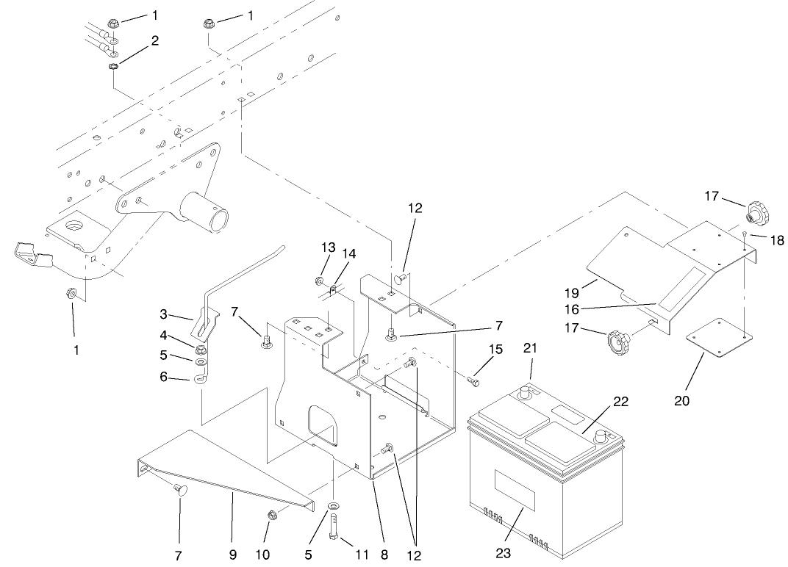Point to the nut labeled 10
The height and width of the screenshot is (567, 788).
271,515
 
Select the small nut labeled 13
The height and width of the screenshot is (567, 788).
320,280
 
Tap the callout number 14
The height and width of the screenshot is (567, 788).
349,254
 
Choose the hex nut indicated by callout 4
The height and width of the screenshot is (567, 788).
201,347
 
